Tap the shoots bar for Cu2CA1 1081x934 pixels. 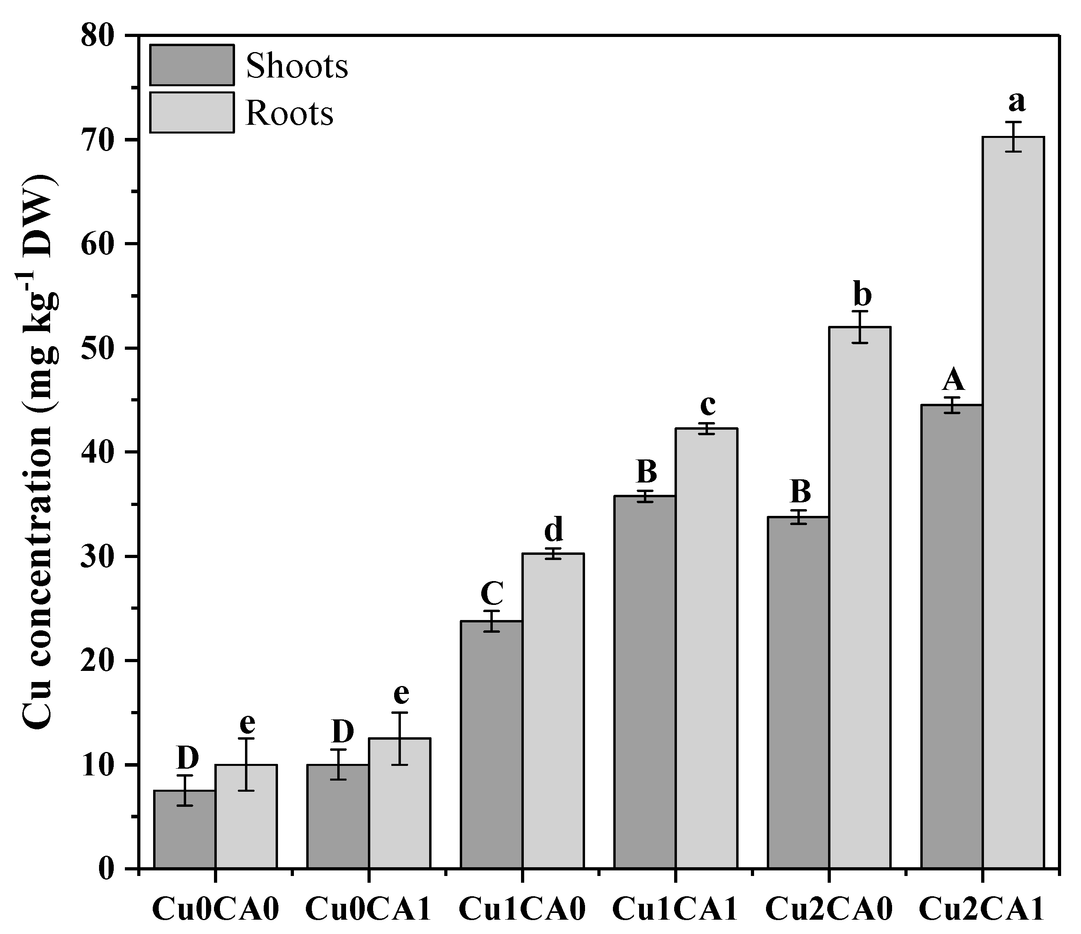click(x=952, y=636)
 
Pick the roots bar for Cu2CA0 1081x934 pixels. click(x=860, y=597)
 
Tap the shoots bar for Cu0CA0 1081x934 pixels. click(x=184, y=829)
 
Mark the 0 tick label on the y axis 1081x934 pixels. click(x=107, y=869)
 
